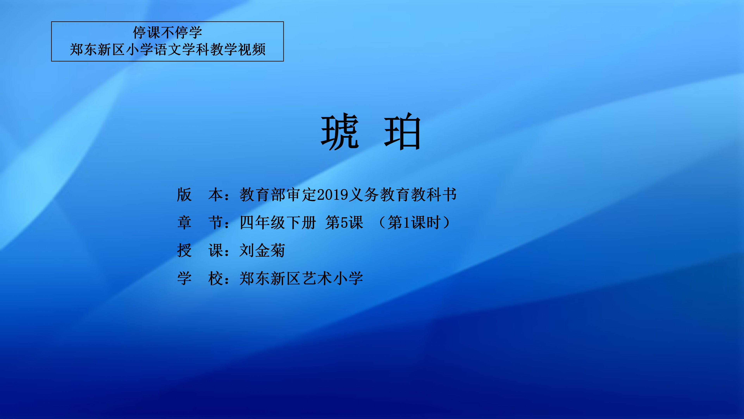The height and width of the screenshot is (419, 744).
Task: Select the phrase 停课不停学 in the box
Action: tap(168, 32)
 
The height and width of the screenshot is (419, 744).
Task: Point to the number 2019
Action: tap(333, 195)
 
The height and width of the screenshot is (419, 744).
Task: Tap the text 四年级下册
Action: tap(278, 223)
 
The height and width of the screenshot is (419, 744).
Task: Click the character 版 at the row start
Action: tap(184, 195)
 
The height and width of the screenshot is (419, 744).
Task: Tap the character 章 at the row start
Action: tap(184, 223)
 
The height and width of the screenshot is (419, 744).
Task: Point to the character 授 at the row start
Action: tap(184, 250)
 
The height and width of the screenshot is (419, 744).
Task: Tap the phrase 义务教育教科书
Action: tap(403, 195)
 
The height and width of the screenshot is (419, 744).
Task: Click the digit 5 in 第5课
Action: tap(344, 223)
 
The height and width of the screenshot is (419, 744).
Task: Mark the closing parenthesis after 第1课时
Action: tap(446, 223)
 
